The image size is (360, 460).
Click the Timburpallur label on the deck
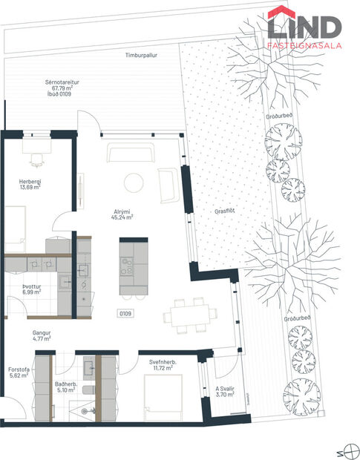[x=142, y=55]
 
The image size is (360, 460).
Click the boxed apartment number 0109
[x=125, y=314]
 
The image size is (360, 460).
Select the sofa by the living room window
[x=131, y=153]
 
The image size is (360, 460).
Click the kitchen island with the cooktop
[x=134, y=265]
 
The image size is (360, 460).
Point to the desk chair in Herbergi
[x=36, y=159]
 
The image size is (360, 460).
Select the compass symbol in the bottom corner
[x=344, y=449]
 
